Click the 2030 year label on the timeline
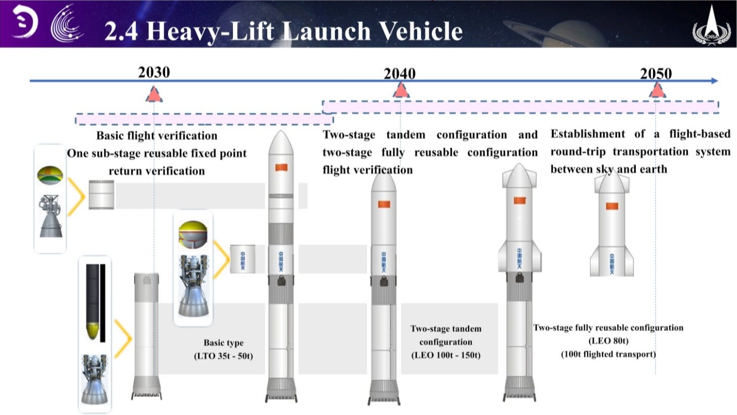[x=154, y=72]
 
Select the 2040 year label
[x=399, y=74]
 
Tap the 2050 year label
[x=656, y=74]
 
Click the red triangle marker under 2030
[x=154, y=94]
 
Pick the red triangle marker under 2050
[x=657, y=91]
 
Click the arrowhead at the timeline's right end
[x=714, y=80]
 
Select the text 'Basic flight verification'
[x=156, y=136]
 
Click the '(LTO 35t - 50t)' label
[x=223, y=356]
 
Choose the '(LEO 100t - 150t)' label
[x=445, y=355]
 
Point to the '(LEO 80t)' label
[x=608, y=341]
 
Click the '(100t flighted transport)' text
[x=608, y=354]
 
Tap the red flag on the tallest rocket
[x=281, y=168]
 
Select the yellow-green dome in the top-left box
[x=50, y=174]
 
